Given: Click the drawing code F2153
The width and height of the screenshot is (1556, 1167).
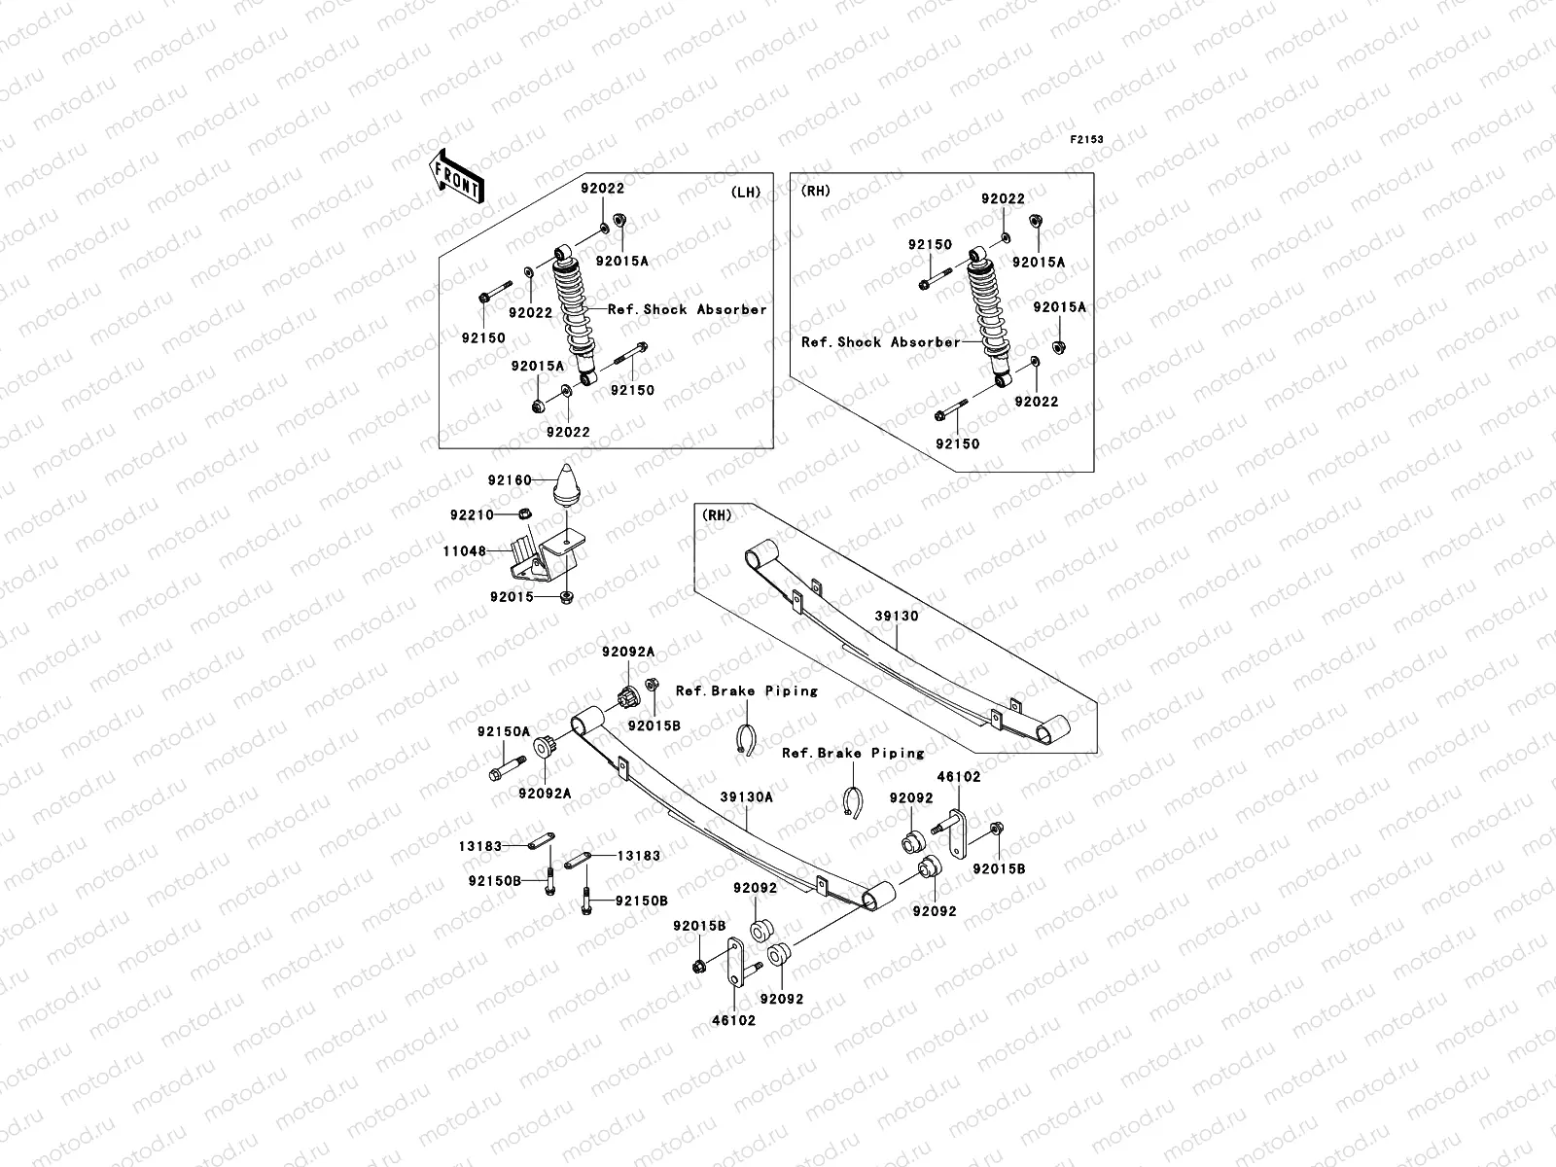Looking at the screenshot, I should pyautogui.click(x=1087, y=140).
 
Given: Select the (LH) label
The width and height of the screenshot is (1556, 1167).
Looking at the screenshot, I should pyautogui.click(x=745, y=192).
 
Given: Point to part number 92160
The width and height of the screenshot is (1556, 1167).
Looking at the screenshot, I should pyautogui.click(x=510, y=480).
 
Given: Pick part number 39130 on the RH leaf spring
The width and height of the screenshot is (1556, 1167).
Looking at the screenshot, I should pyautogui.click(x=896, y=616).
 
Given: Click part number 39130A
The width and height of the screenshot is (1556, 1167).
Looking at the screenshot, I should pyautogui.click(x=747, y=796).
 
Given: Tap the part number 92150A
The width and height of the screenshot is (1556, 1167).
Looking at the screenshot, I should pyautogui.click(x=503, y=731).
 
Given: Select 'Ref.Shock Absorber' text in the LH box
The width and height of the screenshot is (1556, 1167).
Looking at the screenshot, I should pyautogui.click(x=687, y=309).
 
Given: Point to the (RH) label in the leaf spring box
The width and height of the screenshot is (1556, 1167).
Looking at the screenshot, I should pyautogui.click(x=717, y=515).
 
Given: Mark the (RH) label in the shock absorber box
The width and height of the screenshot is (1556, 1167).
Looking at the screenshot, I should pyautogui.click(x=816, y=192).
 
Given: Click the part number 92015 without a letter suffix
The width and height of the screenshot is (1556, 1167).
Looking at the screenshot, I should pyautogui.click(x=512, y=597).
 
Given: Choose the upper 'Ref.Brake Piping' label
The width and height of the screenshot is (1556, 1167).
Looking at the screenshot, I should pyautogui.click(x=747, y=690).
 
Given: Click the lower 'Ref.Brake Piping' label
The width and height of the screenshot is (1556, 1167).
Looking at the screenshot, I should pyautogui.click(x=853, y=753).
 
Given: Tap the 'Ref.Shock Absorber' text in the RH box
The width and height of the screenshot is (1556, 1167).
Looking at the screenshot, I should pyautogui.click(x=880, y=342).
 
